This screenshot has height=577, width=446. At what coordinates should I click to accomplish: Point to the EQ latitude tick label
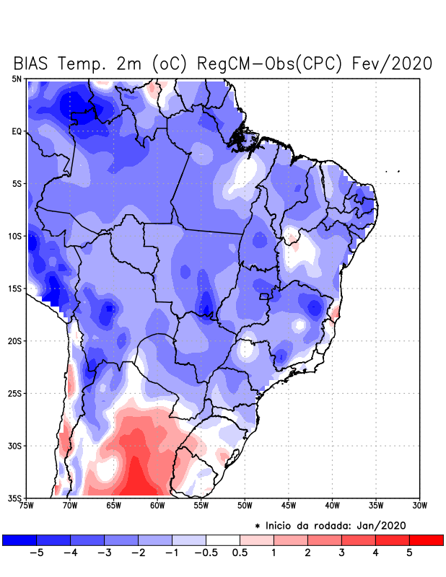click(17, 131)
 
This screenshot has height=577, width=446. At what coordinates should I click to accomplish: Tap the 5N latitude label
click(17, 79)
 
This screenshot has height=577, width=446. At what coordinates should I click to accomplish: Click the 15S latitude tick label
click(15, 288)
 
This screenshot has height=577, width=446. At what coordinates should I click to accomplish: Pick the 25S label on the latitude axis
click(15, 394)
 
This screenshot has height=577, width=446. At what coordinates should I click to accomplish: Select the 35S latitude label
click(15, 498)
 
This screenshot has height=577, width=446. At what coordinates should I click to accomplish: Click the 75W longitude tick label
click(27, 505)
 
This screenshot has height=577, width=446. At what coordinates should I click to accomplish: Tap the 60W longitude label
click(157, 505)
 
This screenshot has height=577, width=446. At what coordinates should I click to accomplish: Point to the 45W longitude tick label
click(289, 505)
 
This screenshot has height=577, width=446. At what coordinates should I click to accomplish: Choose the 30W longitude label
click(420, 505)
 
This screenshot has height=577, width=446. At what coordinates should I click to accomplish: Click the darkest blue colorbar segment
click(19, 540)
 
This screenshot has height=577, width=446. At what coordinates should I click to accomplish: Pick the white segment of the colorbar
click(223, 540)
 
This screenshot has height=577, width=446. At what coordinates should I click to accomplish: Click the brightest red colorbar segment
click(426, 540)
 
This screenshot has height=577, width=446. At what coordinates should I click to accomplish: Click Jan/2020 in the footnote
click(390, 525)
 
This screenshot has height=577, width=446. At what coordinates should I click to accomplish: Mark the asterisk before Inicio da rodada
click(258, 526)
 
